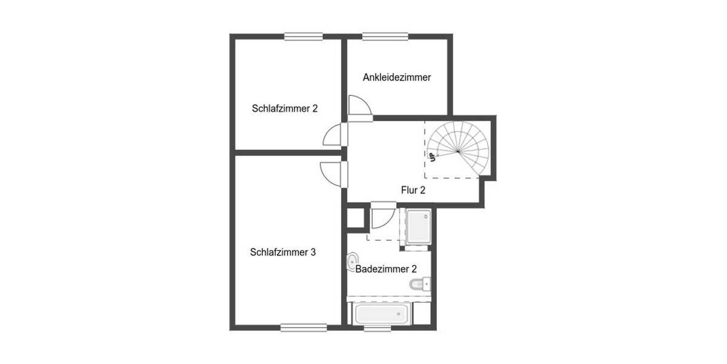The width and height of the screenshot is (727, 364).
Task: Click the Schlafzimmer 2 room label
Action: click(x=285, y=109)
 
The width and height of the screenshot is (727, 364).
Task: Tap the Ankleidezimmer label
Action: click(x=397, y=78)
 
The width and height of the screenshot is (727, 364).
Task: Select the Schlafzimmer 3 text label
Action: click(x=282, y=252)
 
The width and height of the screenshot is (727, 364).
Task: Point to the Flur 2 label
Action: click(x=413, y=190)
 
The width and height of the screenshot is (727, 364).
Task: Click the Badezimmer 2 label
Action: click(x=386, y=269)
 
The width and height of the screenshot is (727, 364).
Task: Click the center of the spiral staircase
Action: click(x=458, y=151)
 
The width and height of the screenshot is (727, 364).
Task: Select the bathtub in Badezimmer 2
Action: click(x=382, y=314)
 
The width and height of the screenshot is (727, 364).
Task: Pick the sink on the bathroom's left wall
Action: click(x=352, y=263)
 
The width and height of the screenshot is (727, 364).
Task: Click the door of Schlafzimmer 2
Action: click(x=334, y=135)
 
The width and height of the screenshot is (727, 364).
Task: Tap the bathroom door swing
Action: click(x=382, y=216)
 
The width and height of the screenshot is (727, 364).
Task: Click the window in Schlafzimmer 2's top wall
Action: click(x=303, y=36)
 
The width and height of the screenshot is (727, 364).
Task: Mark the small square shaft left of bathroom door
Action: click(x=354, y=219)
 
